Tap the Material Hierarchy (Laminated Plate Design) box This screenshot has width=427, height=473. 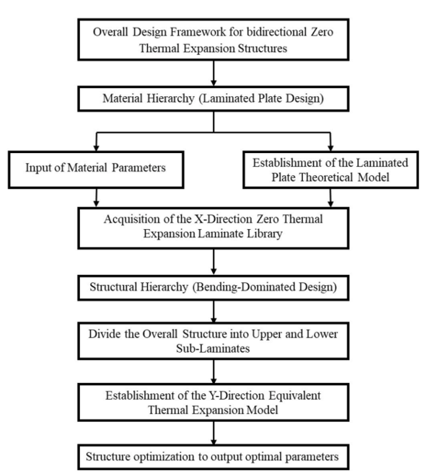point(213,98)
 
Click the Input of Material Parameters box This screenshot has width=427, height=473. point(96,170)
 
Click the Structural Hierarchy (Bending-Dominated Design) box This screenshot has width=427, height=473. point(213,287)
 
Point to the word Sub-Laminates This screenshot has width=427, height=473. point(213,349)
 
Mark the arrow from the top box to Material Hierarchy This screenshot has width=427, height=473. point(213,73)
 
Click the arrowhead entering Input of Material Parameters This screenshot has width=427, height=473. point(96,148)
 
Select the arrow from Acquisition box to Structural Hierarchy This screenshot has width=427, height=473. point(213,262)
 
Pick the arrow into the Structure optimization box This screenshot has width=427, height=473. point(213,432)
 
